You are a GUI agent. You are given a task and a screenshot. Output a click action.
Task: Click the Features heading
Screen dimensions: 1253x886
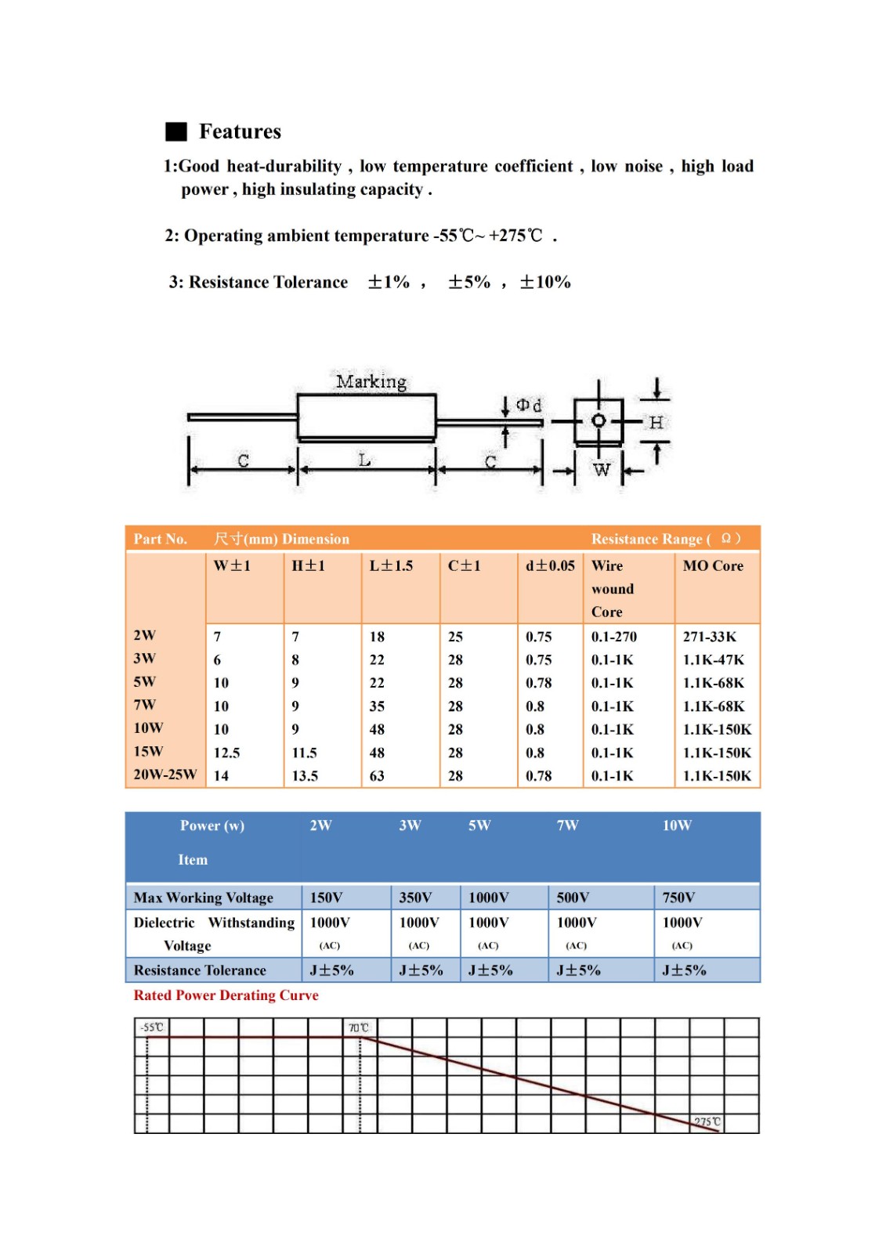coord(240,132)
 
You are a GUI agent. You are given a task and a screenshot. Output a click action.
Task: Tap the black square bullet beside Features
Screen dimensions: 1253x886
coord(176,132)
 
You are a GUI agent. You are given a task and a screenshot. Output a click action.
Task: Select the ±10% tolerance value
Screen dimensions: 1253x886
coord(545,282)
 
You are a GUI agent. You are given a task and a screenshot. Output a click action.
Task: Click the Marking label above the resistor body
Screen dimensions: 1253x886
coord(371,381)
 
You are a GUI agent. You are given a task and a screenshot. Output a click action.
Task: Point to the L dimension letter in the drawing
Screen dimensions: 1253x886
coord(365,460)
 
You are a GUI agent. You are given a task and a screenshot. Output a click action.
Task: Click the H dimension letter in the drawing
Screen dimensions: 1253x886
coord(656,423)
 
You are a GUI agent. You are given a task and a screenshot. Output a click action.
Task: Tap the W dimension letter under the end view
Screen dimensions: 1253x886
coord(602,470)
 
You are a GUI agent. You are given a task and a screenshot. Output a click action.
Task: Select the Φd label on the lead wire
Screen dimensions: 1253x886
coord(529,405)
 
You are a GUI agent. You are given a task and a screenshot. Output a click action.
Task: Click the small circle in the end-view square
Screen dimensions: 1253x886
coord(599,421)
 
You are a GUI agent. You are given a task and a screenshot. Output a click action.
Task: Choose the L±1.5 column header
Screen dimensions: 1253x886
coord(391,565)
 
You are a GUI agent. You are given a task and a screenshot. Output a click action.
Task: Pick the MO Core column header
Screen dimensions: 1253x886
coord(713,565)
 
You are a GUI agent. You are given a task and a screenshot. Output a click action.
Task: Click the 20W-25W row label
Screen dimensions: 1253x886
coord(165,775)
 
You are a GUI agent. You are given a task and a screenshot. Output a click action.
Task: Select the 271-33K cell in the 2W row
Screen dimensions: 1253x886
coord(710,637)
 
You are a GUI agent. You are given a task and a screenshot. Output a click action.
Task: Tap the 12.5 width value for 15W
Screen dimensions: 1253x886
coord(226,753)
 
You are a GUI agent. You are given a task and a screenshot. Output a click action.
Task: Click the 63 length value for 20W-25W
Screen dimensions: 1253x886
coord(377,776)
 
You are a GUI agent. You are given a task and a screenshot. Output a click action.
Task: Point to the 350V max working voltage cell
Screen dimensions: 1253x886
coord(415,897)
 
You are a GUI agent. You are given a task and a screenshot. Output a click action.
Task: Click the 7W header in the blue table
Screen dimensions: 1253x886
coord(567,825)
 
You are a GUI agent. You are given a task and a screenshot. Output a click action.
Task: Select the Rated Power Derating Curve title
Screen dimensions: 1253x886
coord(226,995)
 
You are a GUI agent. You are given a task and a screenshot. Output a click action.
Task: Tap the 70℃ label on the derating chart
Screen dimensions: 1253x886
coord(358,1027)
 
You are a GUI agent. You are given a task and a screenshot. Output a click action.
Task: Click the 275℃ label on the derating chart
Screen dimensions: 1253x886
coord(707,1122)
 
